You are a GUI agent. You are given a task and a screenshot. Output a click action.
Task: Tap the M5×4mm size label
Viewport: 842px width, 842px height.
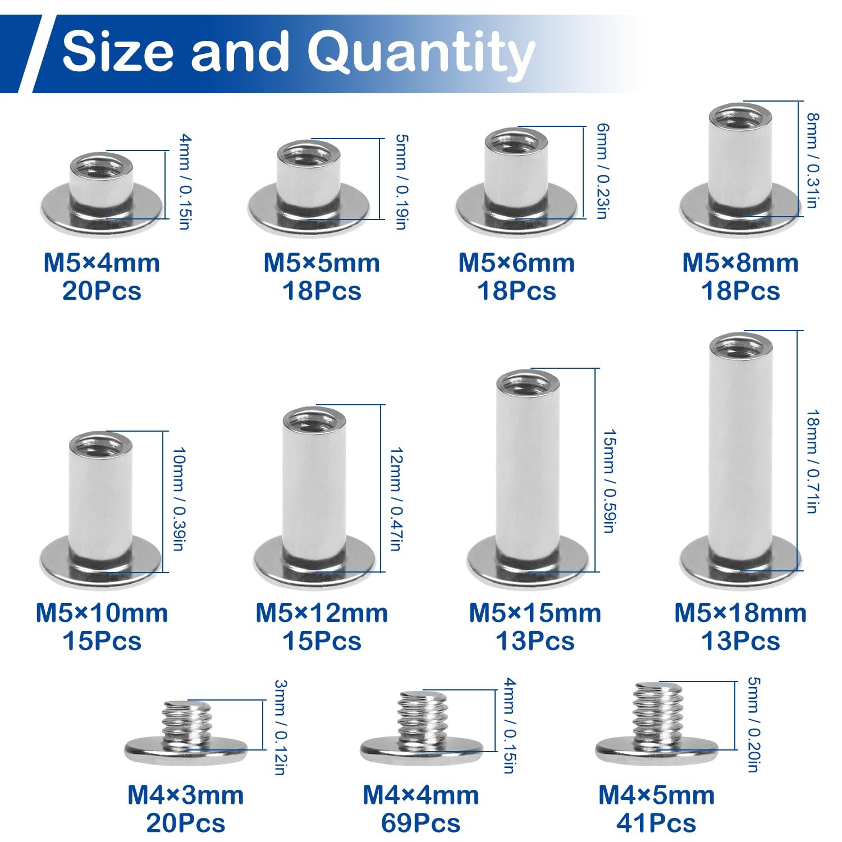coord(102,263)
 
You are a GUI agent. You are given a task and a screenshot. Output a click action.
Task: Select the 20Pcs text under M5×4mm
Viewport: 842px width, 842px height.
coord(102,291)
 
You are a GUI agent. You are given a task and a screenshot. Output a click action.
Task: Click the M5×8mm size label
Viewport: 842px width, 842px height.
coord(740,263)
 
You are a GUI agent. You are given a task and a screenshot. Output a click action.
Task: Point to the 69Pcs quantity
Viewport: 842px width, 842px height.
coord(420,823)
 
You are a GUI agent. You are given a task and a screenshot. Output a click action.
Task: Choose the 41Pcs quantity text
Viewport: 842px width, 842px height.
coord(656,823)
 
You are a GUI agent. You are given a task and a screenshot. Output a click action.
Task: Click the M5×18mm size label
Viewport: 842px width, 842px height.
coord(740,613)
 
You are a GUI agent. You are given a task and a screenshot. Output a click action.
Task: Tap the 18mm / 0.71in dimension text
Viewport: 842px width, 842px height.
coord(812,461)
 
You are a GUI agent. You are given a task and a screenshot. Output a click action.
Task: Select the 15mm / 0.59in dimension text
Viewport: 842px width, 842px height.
coord(609,481)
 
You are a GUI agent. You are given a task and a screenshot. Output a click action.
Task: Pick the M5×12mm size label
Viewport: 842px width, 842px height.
coord(322,613)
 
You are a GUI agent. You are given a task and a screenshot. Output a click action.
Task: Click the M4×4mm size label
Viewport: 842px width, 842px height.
coord(420,795)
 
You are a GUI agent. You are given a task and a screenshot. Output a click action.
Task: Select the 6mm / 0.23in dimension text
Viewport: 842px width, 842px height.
coord(602,171)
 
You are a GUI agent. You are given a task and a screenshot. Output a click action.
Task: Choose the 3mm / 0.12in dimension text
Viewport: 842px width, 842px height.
coord(280,727)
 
